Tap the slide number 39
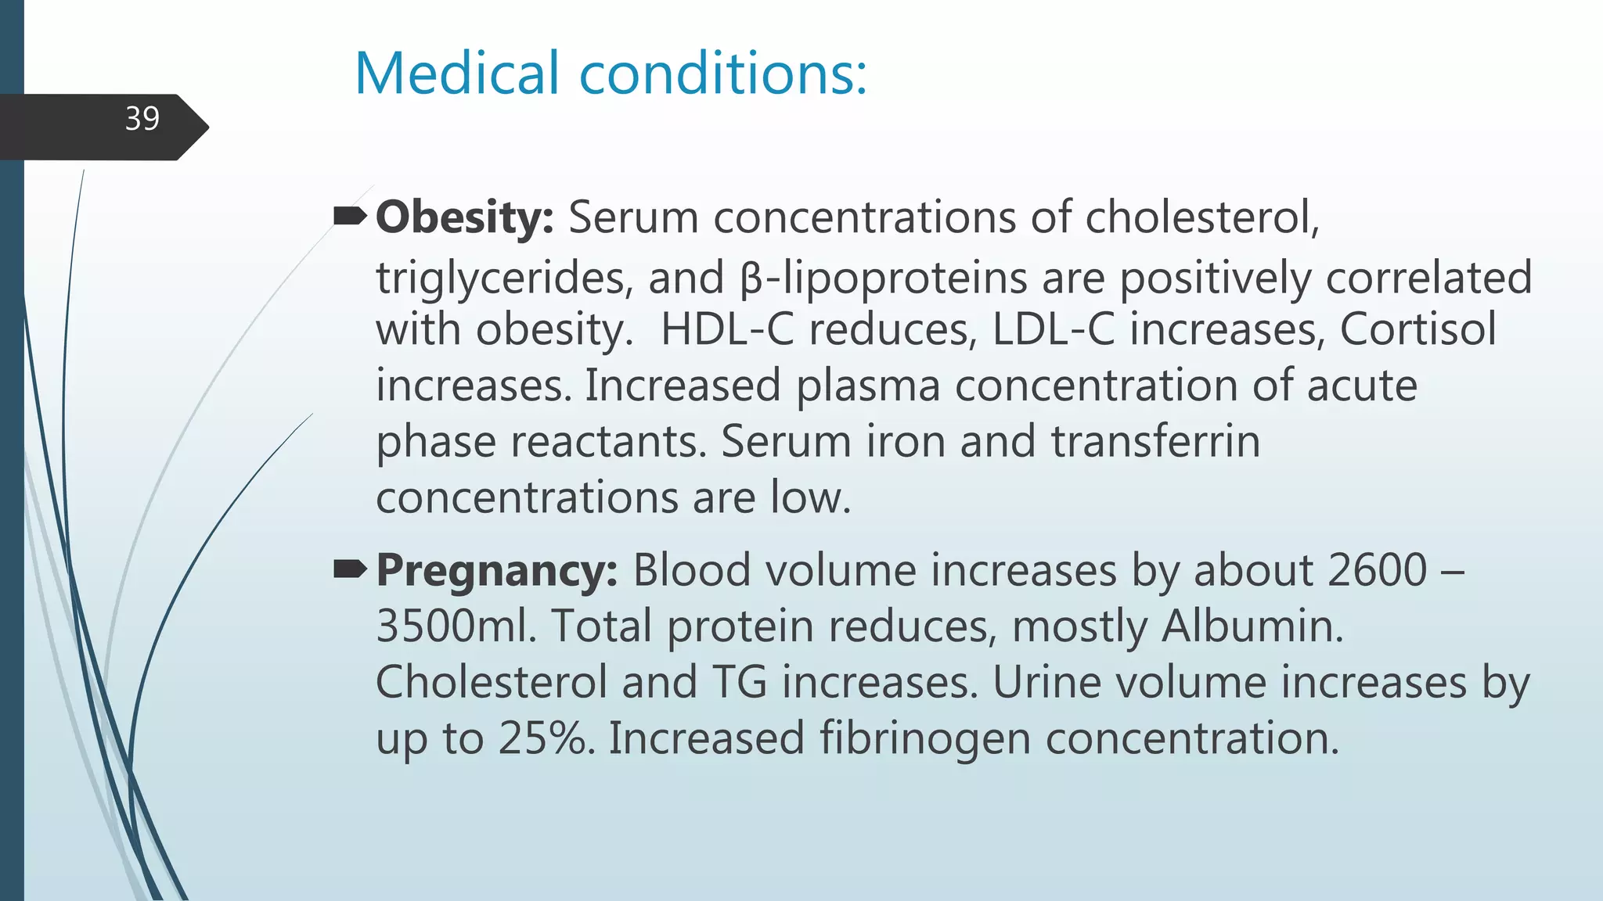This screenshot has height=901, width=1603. pyautogui.click(x=142, y=119)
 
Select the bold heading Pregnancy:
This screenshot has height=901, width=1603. pyautogui.click(x=497, y=570)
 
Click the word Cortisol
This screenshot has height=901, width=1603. pyautogui.click(x=1417, y=329)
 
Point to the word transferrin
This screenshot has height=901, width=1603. pyautogui.click(x=1155, y=442)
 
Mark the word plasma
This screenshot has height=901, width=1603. pyautogui.click(x=867, y=386)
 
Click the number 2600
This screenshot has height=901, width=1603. pyautogui.click(x=1377, y=570)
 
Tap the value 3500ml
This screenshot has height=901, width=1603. pyautogui.click(x=456, y=626)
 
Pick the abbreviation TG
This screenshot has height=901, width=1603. pyautogui.click(x=740, y=683)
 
